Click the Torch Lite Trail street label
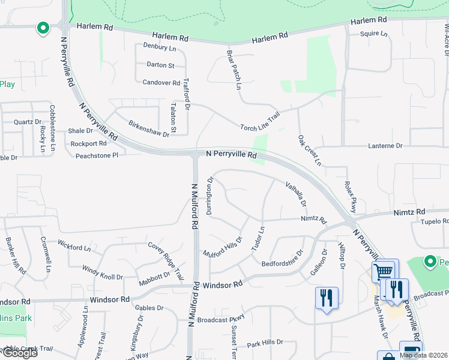pos(261,122)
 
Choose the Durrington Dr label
pos(210,196)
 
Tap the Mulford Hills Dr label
pos(222,247)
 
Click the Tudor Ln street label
pos(258,239)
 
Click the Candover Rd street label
pos(161,83)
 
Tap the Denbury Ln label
pos(160,47)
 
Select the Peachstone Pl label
pos(97,155)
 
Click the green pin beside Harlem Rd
pos(43,28)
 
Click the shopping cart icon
pos(382,272)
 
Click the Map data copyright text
pos(423,355)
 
